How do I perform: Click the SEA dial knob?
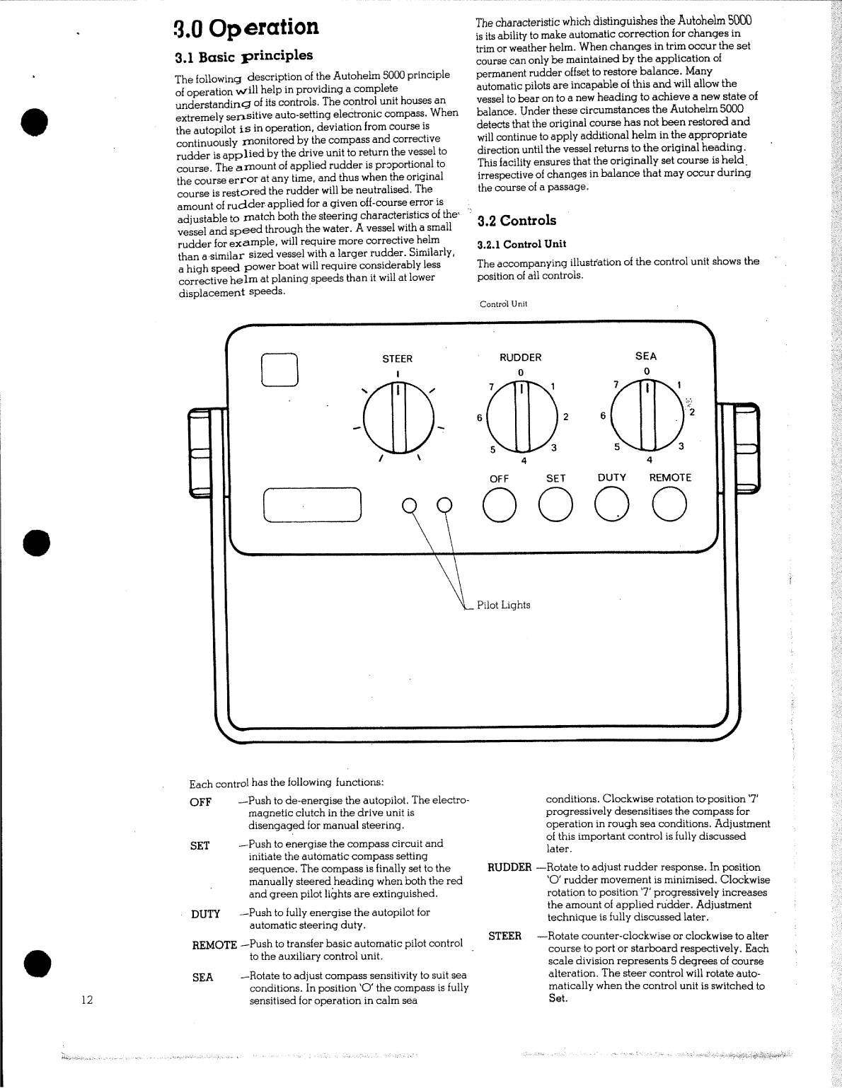point(646,417)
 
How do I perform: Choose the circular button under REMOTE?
point(669,505)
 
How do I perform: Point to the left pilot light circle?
point(408,504)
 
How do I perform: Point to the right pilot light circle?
point(444,504)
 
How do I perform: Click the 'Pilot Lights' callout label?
point(503,606)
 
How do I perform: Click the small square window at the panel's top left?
point(280,369)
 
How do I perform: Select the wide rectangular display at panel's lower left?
point(312,505)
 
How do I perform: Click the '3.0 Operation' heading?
point(246,28)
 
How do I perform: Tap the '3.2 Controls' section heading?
point(517,221)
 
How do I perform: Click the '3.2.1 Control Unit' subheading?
point(521,244)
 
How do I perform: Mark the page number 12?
point(87,1000)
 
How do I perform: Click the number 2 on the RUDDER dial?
point(565,417)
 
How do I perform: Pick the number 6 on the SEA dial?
point(603,416)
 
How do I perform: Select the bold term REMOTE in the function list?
point(214,945)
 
